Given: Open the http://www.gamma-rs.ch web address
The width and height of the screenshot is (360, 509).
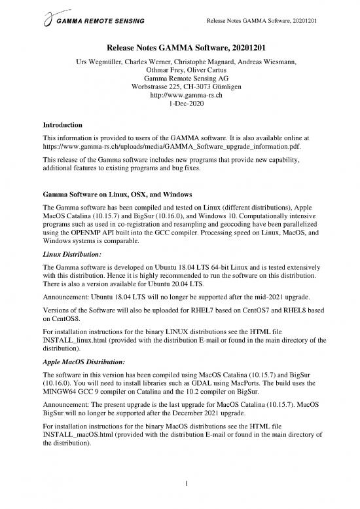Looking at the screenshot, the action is tap(180, 94).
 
